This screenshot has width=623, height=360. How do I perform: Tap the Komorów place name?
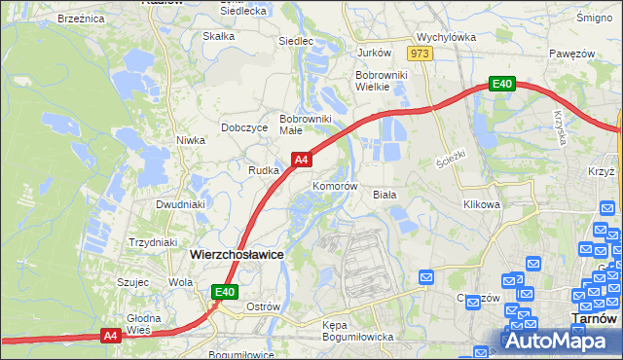[336, 186]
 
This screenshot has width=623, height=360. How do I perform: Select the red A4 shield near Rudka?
[302, 159]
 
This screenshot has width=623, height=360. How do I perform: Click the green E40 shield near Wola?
[225, 291]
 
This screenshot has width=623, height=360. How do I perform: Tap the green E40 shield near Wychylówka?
[501, 85]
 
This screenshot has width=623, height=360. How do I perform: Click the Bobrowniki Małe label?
[306, 125]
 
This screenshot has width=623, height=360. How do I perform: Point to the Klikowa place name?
[482, 205]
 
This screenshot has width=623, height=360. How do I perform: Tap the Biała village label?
[385, 195]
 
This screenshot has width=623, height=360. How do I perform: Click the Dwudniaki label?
[180, 205]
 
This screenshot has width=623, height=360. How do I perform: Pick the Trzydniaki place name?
[153, 242]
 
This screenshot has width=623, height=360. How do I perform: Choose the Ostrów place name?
[263, 306]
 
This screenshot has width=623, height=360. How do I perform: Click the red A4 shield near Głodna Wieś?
[111, 336]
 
